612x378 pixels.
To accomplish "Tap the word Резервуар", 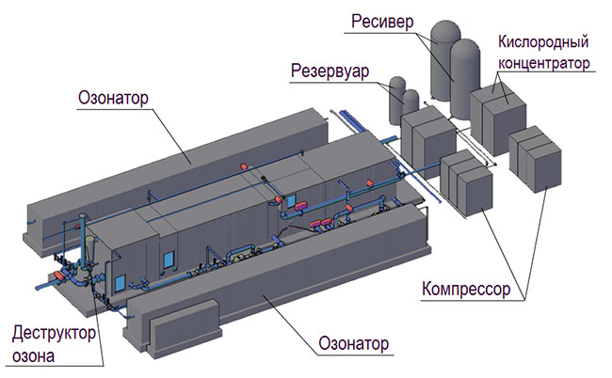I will pos(329,71).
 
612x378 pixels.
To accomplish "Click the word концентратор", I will pos(546,63).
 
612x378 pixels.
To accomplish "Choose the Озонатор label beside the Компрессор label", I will pos(354,343).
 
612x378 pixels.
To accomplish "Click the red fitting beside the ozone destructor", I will pos(66,277).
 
